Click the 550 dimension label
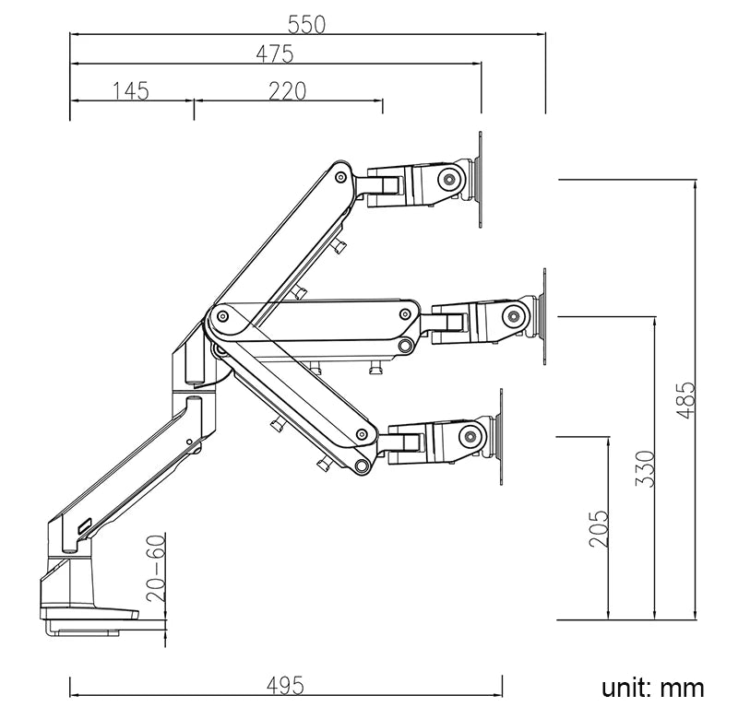pos(307,24)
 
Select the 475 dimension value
pos(275,54)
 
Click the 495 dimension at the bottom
pos(285,686)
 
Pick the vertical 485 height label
pos(684,400)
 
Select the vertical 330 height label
pos(645,468)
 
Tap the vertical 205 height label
pos(599,529)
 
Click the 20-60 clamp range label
pos(156,568)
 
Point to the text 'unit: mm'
pos(653,687)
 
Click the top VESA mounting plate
pos(481,180)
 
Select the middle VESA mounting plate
pos(545,317)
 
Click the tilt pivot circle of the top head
pos(449,178)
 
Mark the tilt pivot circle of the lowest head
pos(471,435)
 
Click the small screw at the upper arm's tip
pos(340,175)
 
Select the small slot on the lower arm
pos(86,526)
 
